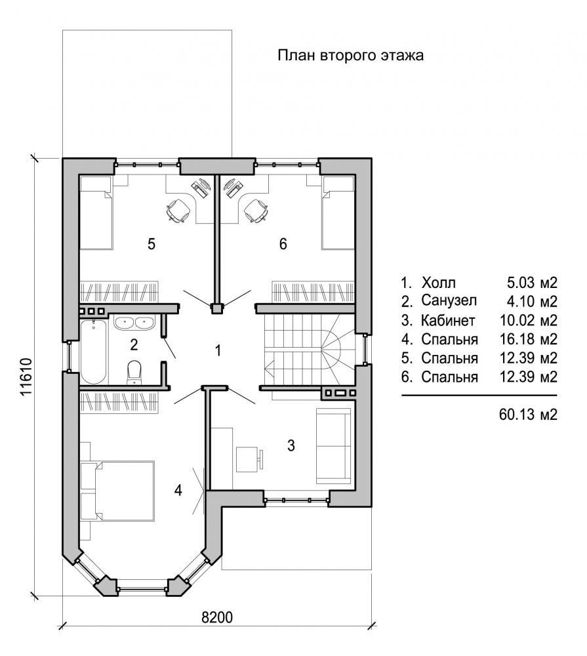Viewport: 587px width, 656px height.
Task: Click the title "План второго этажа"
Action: pyautogui.click(x=351, y=55)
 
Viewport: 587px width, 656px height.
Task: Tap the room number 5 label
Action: pyautogui.click(x=152, y=243)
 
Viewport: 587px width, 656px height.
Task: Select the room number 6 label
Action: pyautogui.click(x=283, y=243)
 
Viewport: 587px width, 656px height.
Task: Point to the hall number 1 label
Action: pyautogui.click(x=218, y=350)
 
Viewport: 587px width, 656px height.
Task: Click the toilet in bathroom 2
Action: pyautogui.click(x=134, y=371)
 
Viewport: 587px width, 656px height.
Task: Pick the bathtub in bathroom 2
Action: pyautogui.click(x=93, y=352)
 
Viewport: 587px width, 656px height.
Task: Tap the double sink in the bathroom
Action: pyautogui.click(x=134, y=323)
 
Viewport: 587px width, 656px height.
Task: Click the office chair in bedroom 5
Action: pyautogui.click(x=179, y=210)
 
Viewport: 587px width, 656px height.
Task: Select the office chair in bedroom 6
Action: pyautogui.click(x=255, y=210)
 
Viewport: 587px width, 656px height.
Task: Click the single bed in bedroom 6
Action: pyautogui.click(x=338, y=213)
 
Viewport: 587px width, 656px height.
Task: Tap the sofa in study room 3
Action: pyautogui.click(x=333, y=445)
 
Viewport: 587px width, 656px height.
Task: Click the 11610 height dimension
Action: pyautogui.click(x=26, y=377)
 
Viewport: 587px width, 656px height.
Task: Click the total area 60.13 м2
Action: pyautogui.click(x=528, y=414)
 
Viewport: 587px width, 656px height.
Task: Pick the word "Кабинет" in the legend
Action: pyautogui.click(x=448, y=321)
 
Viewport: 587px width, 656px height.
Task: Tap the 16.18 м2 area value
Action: pyautogui.click(x=529, y=339)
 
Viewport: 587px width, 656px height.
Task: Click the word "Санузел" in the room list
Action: pyautogui.click(x=449, y=301)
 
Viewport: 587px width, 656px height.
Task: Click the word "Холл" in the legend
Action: pyautogui.click(x=439, y=283)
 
